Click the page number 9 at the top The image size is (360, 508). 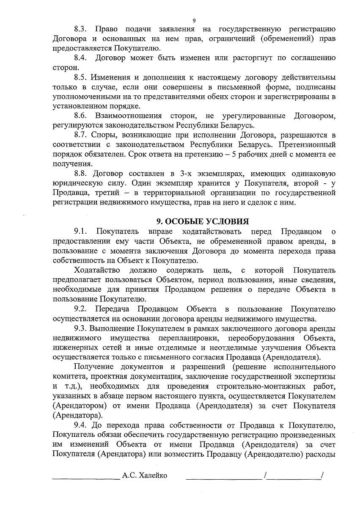pos(194,20)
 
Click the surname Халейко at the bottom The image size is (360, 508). pos(152,475)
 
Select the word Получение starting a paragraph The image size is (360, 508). pos(96,367)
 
